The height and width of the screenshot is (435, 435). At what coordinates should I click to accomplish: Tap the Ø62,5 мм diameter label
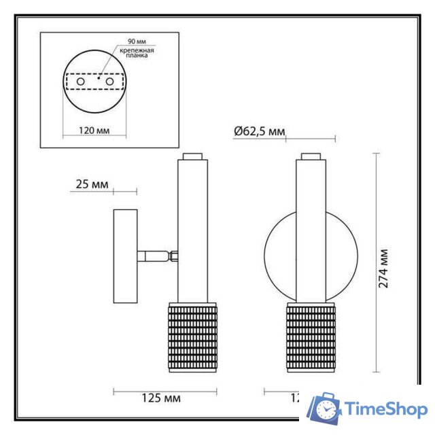pos(258,131)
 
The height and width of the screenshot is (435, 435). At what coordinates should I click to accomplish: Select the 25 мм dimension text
pos(90,184)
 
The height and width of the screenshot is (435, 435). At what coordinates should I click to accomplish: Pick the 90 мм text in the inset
pos(126,42)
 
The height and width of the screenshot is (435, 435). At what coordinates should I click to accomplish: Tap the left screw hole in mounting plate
pos(81,81)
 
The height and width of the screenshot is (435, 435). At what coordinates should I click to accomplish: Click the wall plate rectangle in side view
pos(125,256)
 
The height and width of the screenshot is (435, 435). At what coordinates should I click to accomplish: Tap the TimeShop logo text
pos(385,409)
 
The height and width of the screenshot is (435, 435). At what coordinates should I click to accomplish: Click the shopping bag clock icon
pos(325,409)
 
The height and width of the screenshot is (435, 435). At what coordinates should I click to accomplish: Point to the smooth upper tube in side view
pos(193,231)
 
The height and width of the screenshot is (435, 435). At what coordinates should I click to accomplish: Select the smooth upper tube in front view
pos(311,231)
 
